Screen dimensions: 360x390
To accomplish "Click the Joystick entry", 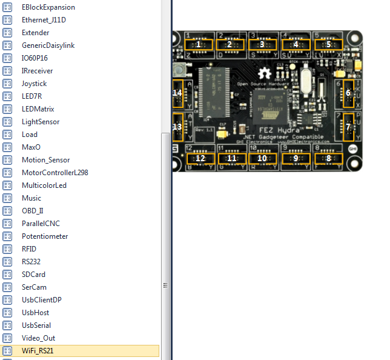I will (x=34, y=84).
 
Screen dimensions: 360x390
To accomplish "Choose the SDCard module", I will (x=35, y=275).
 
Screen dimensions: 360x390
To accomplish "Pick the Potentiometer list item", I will (x=45, y=236).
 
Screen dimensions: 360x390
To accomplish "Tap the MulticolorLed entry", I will (x=44, y=185).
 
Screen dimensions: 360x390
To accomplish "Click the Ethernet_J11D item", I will (x=44, y=20).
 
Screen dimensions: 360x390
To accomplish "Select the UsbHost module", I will (x=35, y=313).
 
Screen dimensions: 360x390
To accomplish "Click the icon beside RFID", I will (x=8, y=249).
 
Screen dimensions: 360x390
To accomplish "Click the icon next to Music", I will (x=8, y=198).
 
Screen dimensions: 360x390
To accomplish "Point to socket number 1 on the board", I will (x=198, y=44).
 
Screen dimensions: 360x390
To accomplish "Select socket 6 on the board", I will (x=348, y=93).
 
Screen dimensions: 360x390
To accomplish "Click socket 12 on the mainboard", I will (x=199, y=158).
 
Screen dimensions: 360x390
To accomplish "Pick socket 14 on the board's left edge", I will (x=178, y=93).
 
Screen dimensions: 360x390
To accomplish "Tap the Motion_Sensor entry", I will (x=45, y=160).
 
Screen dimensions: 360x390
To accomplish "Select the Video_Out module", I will (x=38, y=338).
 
